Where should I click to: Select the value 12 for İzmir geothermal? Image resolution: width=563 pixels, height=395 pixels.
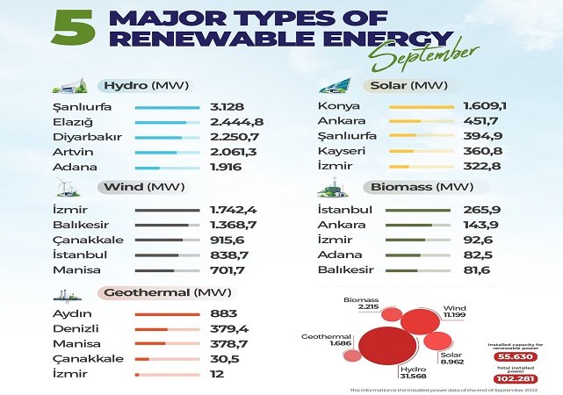218,374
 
